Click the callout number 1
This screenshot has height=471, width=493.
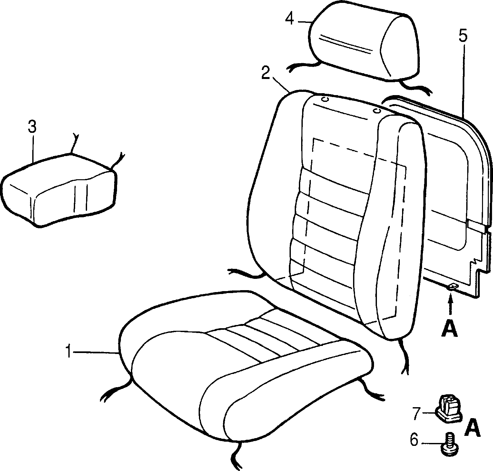(68, 351)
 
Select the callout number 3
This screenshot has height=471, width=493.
(32, 127)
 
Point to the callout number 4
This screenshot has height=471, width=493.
(290, 19)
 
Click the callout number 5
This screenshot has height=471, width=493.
(463, 36)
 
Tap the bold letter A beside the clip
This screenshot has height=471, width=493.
(472, 428)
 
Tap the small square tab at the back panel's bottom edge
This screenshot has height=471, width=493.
(453, 286)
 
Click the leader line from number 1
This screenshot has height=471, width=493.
(96, 353)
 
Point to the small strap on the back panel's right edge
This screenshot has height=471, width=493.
(477, 227)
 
